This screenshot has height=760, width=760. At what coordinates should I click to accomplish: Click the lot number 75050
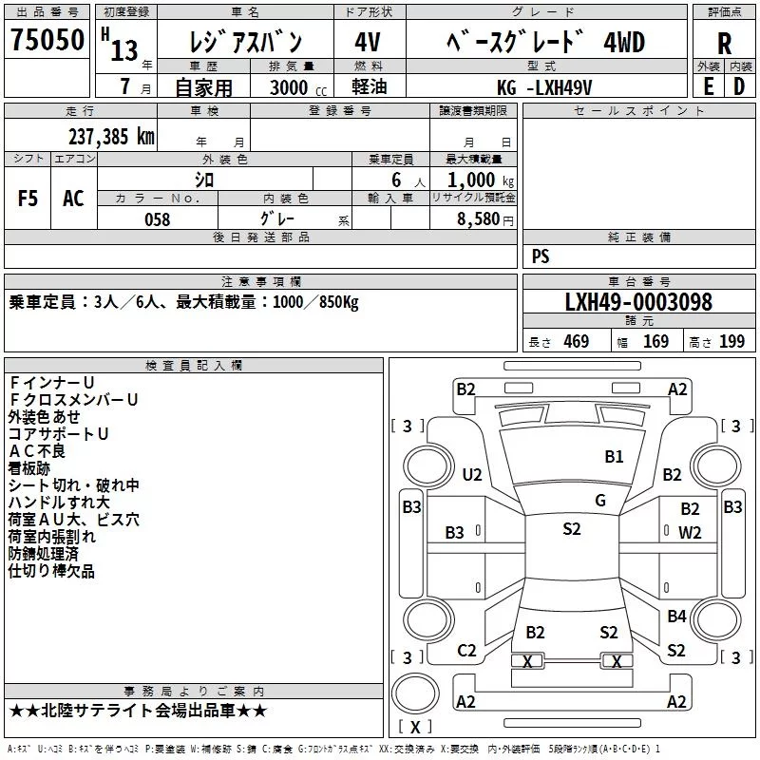click(x=47, y=39)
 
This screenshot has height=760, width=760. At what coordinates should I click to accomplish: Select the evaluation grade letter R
click(x=724, y=43)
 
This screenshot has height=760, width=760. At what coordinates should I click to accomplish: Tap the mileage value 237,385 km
click(x=111, y=137)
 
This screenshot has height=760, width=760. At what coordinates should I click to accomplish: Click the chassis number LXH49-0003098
click(x=638, y=301)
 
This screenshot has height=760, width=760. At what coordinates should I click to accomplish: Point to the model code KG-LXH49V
click(x=544, y=87)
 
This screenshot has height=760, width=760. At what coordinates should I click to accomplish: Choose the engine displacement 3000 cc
click(x=298, y=87)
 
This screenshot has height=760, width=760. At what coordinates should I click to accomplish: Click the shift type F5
click(x=28, y=199)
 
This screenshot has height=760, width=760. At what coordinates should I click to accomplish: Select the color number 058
click(x=158, y=219)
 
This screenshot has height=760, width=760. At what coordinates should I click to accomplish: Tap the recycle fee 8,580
click(x=479, y=218)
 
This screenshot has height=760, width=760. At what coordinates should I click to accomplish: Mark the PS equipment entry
click(x=541, y=256)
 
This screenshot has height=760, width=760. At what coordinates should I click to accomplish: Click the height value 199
click(x=731, y=341)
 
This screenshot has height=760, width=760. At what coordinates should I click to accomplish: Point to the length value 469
click(x=577, y=341)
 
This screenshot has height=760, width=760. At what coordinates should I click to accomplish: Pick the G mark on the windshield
click(x=600, y=501)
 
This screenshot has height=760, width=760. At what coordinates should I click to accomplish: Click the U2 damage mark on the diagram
click(x=472, y=474)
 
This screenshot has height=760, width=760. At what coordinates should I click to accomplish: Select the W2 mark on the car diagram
click(x=690, y=533)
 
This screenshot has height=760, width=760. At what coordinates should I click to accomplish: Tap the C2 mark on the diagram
click(x=466, y=651)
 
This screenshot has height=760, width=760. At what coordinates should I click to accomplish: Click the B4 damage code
click(x=676, y=616)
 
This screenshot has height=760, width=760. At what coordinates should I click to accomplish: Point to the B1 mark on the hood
click(x=614, y=456)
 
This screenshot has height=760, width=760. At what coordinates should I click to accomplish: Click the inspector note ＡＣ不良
click(x=37, y=451)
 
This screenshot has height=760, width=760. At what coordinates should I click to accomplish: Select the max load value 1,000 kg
click(x=481, y=180)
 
